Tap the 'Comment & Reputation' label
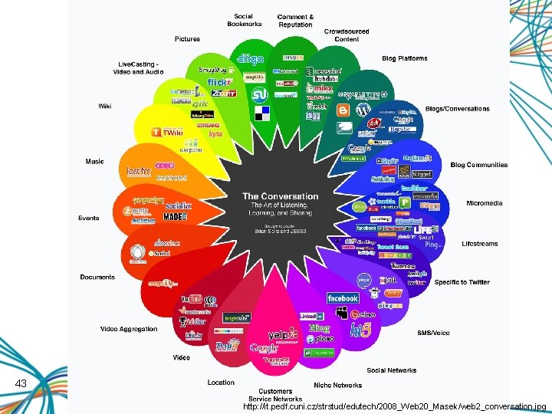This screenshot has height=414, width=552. tap(295, 21)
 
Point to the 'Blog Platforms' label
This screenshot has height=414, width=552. tap(405, 58)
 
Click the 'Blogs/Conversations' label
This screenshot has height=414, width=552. tap(457, 109)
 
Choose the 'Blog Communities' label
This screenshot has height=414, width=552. tap(479, 165)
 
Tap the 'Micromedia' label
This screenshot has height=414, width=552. tap(485, 203)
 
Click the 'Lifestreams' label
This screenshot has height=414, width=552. tap(480, 244)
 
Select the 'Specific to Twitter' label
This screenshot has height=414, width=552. tap(462, 282)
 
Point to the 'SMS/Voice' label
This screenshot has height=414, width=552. tap(433, 333)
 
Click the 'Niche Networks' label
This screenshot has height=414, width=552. tap(337, 385)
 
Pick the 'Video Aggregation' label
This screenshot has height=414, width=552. tap(129, 329)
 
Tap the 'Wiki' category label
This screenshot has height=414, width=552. tap(104, 106)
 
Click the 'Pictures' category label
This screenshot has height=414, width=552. tap(187, 39)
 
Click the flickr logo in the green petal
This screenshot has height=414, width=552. tap(219, 82)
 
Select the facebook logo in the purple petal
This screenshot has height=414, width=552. tap(343, 298)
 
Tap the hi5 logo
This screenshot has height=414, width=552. tap(361, 330)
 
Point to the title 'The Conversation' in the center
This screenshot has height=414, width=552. tap(280, 196)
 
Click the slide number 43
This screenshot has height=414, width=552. tap(21, 383)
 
